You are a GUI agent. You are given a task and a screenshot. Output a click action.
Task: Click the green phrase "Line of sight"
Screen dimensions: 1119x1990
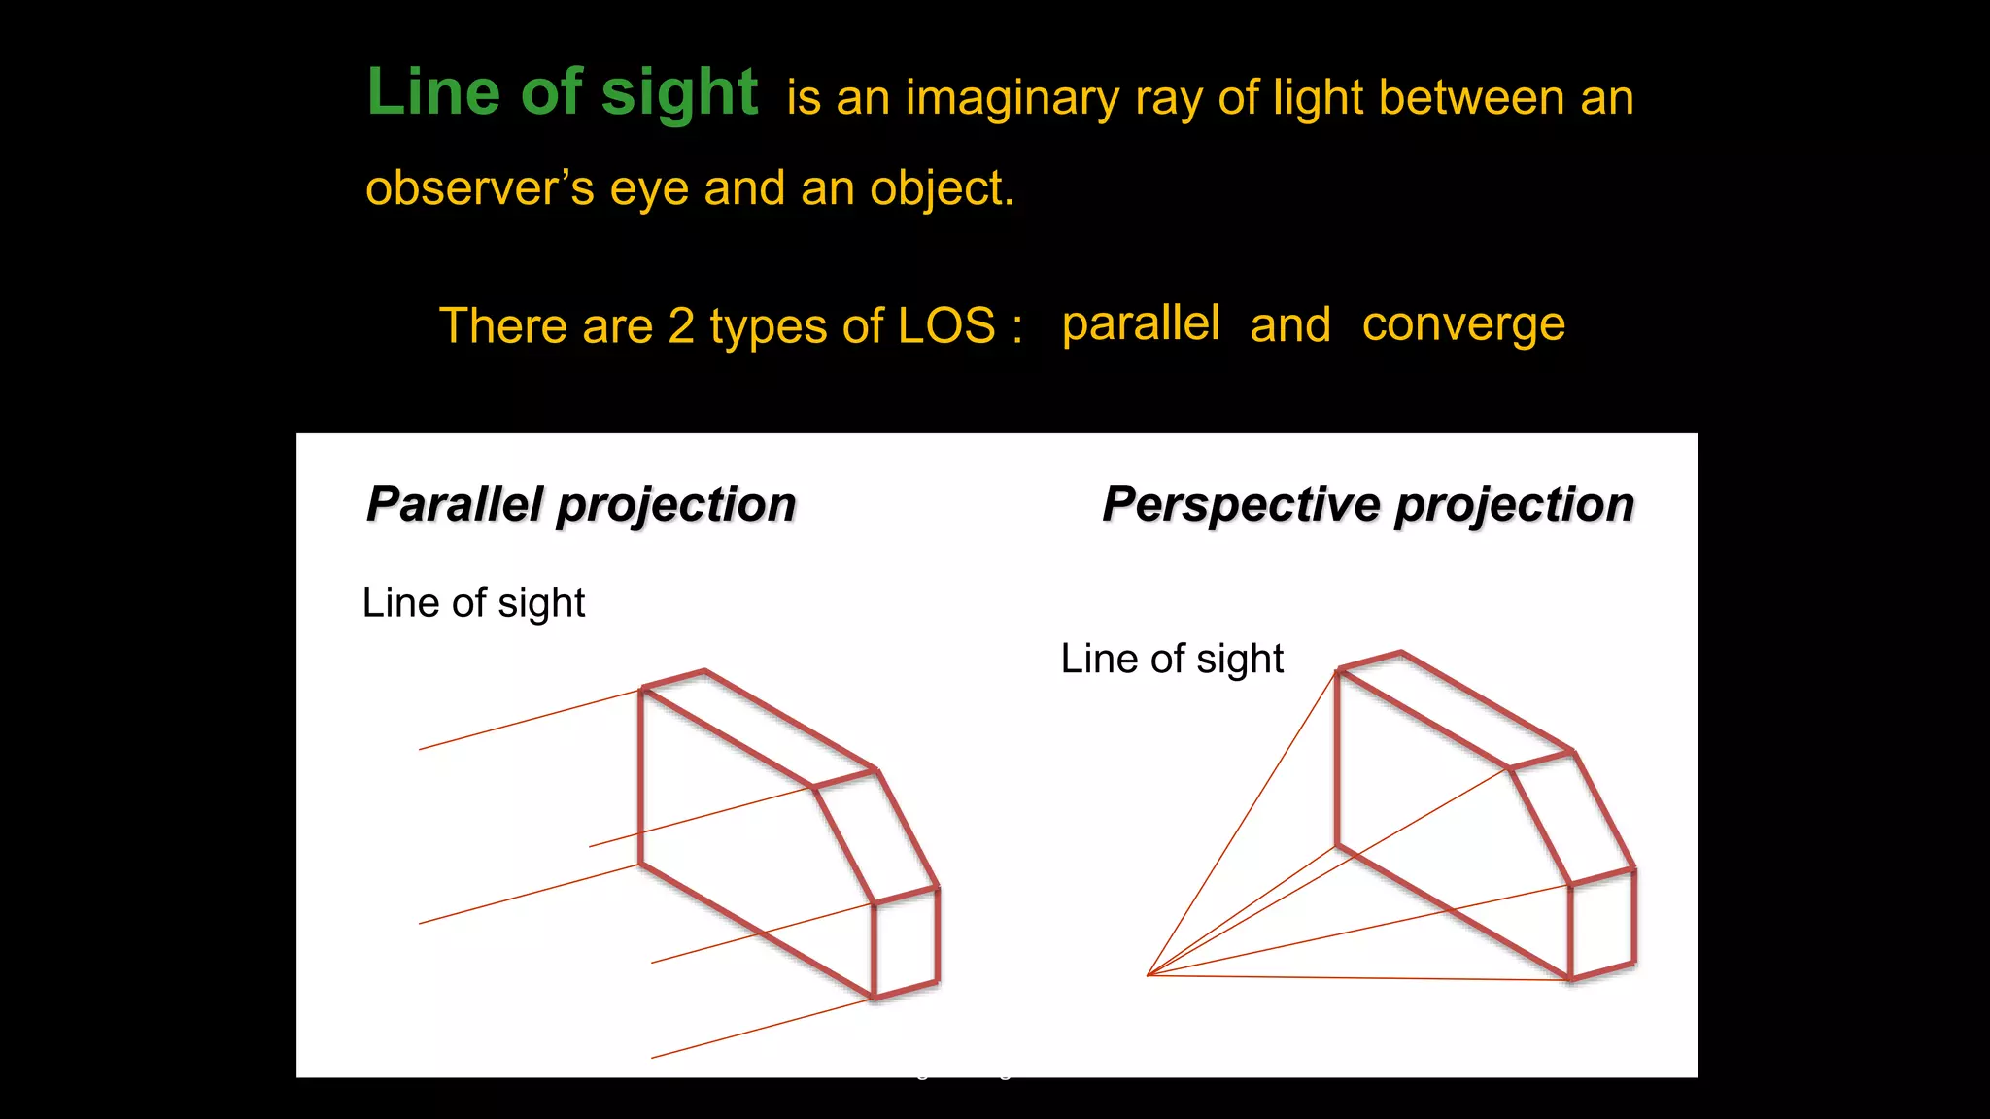pyautogui.click(x=562, y=93)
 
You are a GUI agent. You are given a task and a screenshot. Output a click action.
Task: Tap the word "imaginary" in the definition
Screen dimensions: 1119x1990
pyautogui.click(x=1012, y=99)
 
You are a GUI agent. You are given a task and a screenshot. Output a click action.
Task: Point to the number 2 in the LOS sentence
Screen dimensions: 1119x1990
pyautogui.click(x=681, y=325)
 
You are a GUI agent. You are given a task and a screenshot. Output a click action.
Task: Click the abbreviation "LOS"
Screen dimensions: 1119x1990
pyautogui.click(x=946, y=325)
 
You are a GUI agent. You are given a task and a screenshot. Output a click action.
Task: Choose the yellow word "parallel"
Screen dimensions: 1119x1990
pyautogui.click(x=1141, y=323)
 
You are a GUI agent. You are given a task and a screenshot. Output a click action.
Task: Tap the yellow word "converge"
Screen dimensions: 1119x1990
pyautogui.click(x=1463, y=324)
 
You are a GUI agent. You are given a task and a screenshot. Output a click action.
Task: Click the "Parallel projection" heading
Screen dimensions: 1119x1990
pyautogui.click(x=581, y=504)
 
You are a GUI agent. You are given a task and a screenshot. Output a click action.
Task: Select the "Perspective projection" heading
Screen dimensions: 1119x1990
pyautogui.click(x=1368, y=504)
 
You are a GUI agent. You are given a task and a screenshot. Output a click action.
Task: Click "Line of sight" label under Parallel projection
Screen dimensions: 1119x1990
pyautogui.click(x=473, y=603)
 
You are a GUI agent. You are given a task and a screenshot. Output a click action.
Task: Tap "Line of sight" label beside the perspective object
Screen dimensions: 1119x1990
pyautogui.click(x=1172, y=659)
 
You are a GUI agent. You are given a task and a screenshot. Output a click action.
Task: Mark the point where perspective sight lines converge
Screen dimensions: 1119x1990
pyautogui.click(x=1149, y=975)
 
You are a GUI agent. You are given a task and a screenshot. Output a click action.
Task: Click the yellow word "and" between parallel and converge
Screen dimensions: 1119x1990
pyautogui.click(x=1289, y=324)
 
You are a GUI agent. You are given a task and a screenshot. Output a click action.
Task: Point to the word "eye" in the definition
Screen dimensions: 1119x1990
pyautogui.click(x=648, y=188)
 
